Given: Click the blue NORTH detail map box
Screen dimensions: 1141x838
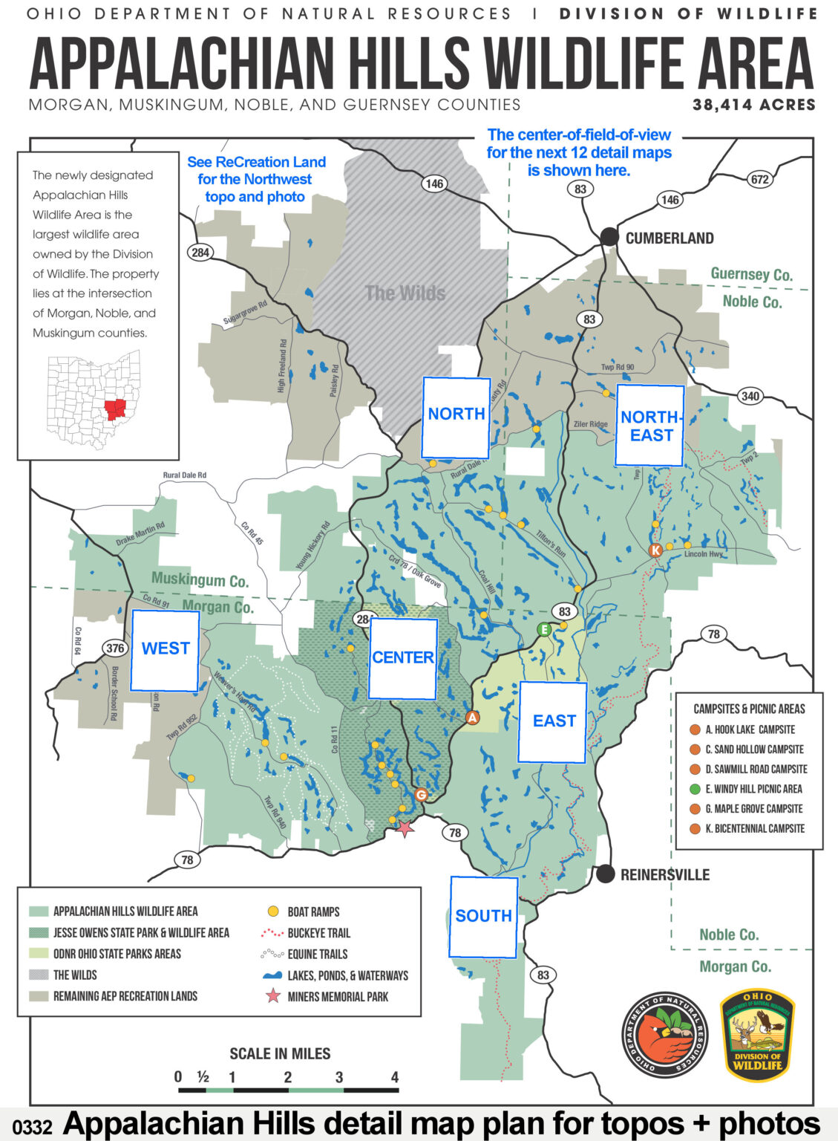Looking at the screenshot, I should (456, 417).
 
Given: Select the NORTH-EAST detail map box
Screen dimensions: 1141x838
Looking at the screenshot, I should (649, 426).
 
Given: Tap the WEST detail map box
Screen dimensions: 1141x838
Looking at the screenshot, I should (165, 650).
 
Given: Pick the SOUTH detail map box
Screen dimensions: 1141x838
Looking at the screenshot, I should (483, 917).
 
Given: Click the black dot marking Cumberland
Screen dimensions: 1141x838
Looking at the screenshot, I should (609, 237).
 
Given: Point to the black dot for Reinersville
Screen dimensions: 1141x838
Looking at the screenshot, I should (606, 874).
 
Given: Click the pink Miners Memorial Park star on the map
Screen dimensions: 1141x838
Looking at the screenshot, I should (405, 828).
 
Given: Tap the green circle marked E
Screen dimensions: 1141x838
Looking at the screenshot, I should (545, 630).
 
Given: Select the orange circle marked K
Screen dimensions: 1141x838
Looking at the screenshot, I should (655, 550).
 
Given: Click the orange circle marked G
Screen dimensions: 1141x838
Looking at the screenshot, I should (421, 795).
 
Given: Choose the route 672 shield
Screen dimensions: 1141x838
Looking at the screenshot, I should (759, 179).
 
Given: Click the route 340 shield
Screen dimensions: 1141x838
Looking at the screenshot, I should (750, 396).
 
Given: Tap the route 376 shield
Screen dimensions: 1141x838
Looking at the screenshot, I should (114, 648).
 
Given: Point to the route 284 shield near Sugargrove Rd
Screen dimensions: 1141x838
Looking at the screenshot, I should (200, 252).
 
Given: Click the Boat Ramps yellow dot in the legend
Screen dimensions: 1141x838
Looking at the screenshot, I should (273, 911).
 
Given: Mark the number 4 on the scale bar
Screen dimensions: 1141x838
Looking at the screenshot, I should (394, 1077).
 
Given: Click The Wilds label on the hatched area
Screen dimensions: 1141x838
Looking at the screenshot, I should (405, 293).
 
